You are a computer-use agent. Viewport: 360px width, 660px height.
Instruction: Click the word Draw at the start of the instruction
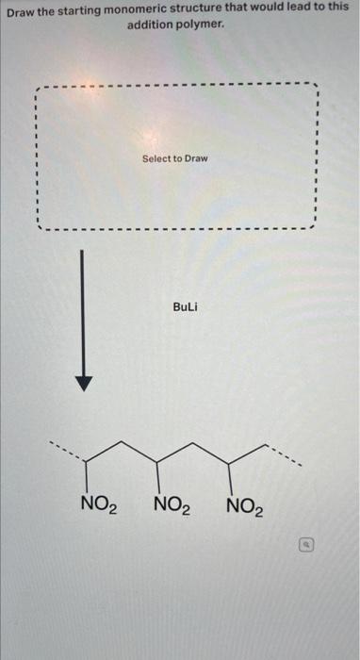22,7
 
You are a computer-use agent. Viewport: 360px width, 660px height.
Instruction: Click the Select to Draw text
174,158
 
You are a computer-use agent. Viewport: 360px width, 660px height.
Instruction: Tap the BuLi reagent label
186,307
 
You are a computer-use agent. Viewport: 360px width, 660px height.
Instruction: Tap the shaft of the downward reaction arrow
84,311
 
